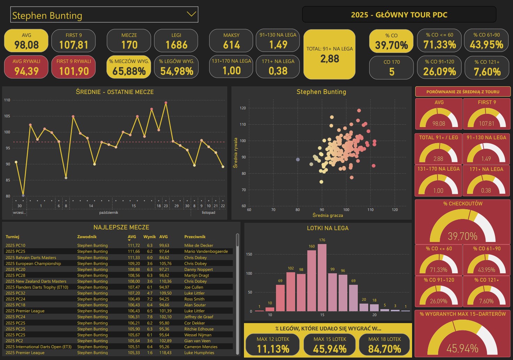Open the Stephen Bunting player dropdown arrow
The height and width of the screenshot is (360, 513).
tap(191, 14)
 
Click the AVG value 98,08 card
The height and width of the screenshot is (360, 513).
tap(26, 41)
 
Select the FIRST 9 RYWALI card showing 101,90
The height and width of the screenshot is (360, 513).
tap(73, 67)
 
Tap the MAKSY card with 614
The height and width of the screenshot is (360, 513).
tap(231, 41)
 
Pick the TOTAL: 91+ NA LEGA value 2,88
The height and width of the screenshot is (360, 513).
tap(330, 58)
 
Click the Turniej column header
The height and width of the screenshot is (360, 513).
tap(13, 237)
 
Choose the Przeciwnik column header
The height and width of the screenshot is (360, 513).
tap(195, 237)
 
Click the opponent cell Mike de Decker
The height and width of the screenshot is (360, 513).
tap(198, 245)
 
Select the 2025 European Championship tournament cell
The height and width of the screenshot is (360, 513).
tap(33, 264)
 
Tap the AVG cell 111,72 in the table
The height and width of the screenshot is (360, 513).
tap(134, 245)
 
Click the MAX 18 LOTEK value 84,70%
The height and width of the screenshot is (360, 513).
tap(385, 349)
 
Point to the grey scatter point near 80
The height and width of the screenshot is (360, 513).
tap(298, 159)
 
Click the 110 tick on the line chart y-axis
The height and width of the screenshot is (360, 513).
tap(7, 100)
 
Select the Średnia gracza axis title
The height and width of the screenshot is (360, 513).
tap(327, 216)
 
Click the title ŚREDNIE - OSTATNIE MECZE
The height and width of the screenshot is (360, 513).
tap(115, 92)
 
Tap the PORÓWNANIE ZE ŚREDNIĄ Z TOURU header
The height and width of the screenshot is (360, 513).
tap(463, 92)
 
